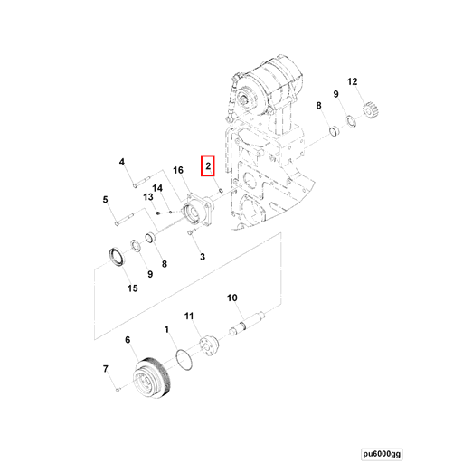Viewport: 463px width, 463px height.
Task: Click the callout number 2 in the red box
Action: click(208, 165)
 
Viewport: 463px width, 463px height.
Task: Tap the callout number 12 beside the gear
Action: click(352, 81)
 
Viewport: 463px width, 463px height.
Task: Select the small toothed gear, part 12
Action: click(371, 110)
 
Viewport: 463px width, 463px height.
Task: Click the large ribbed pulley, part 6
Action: click(152, 378)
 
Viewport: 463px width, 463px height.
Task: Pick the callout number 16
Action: click(178, 170)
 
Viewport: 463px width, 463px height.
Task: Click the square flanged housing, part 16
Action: click(198, 210)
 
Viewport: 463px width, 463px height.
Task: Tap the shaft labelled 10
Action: click(247, 324)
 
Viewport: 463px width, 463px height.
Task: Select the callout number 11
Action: click(189, 316)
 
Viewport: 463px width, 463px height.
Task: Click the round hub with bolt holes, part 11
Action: click(209, 345)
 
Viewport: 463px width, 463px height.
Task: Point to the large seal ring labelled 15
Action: click(116, 257)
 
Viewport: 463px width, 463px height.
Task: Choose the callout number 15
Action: click(132, 288)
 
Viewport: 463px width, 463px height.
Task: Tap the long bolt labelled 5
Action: click(124, 219)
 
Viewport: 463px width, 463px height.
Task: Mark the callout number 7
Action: click(105, 369)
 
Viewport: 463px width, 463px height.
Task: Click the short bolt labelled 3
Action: click(192, 232)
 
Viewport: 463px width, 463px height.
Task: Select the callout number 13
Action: click(148, 197)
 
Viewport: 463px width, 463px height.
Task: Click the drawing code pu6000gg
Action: click(382, 454)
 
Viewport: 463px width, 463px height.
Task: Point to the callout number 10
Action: click(232, 298)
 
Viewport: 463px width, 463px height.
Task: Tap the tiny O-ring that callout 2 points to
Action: click(221, 191)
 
